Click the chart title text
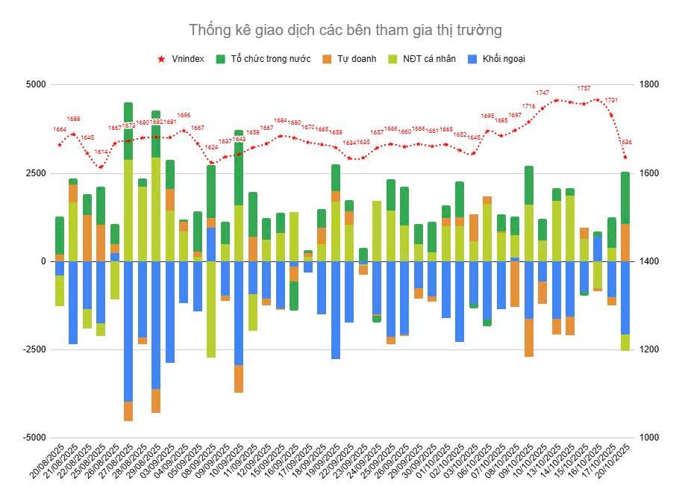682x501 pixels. [x=345, y=30]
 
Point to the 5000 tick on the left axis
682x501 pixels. [x=35, y=85]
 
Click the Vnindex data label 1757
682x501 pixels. [x=584, y=88]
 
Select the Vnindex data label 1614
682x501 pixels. [x=101, y=152]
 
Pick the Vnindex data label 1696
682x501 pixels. [x=184, y=115]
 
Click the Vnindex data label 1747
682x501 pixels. [x=542, y=93]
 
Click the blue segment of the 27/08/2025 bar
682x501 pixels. [x=128, y=332]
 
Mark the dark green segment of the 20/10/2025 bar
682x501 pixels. [x=625, y=198]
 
